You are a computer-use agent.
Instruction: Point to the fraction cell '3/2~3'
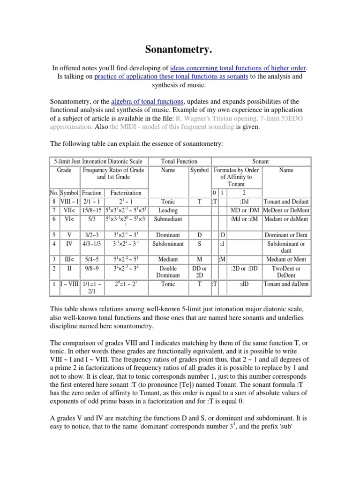(92, 234)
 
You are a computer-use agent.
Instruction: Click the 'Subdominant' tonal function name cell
(168, 243)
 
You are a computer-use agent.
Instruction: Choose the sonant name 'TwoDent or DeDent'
(286, 272)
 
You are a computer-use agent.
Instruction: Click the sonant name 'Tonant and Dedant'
(286, 201)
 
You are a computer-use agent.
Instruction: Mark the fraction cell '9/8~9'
(92, 269)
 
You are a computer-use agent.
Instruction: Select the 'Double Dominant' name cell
(168, 272)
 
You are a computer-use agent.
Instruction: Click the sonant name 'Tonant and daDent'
(286, 284)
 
